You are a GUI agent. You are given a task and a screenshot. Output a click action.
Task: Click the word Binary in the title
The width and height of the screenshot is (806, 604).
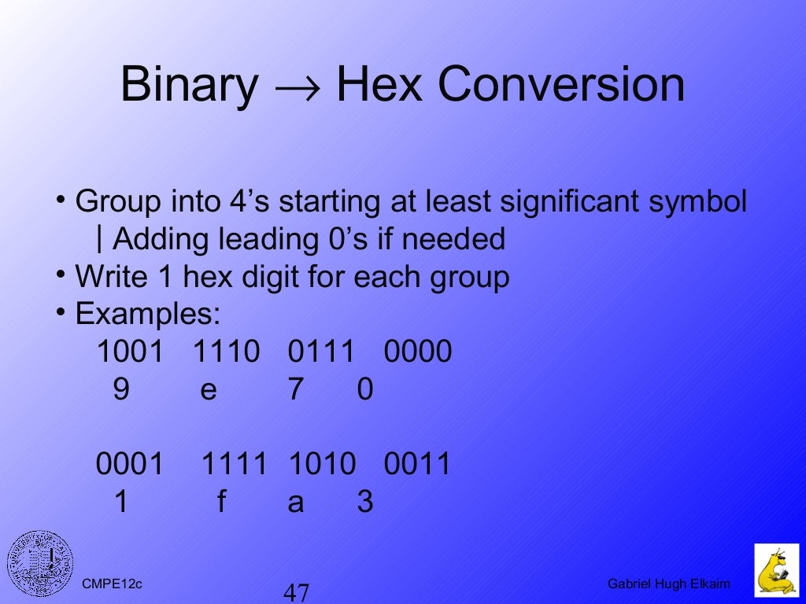click(189, 85)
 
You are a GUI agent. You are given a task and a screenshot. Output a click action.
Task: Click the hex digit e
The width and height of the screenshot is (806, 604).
click(208, 390)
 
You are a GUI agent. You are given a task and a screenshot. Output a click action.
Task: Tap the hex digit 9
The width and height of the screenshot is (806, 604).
click(121, 390)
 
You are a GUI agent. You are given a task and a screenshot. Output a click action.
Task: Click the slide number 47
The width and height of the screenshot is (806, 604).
click(296, 592)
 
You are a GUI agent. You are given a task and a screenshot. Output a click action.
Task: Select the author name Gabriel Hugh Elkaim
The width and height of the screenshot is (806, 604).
click(669, 584)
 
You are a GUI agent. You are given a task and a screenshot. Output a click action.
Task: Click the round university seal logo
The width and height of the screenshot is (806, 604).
click(40, 563)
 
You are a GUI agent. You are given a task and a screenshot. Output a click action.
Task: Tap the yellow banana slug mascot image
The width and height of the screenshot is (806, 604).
click(776, 569)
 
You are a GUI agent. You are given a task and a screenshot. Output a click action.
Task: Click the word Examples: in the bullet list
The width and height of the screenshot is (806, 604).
click(148, 315)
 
